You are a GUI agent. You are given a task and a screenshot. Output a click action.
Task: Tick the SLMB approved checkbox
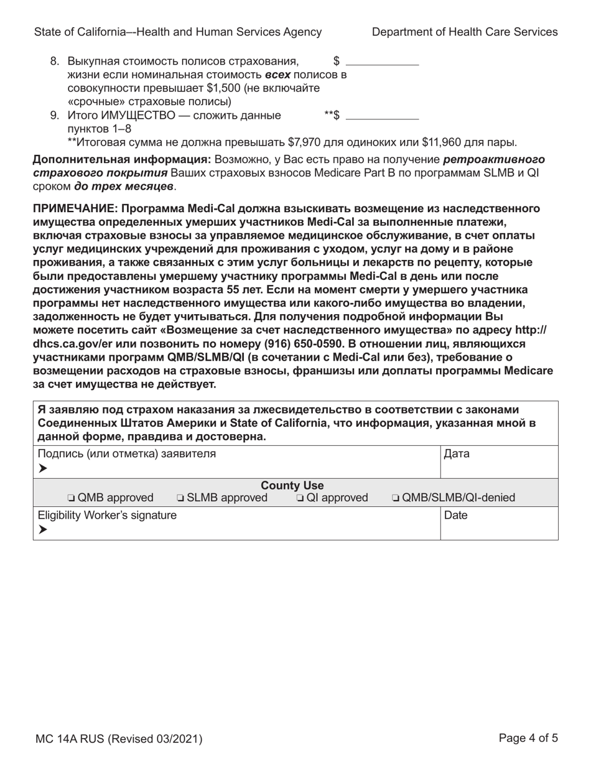[180, 498]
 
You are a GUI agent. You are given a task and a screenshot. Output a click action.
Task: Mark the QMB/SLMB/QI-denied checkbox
[396, 498]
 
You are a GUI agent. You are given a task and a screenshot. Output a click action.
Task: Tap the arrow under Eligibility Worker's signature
[42, 530]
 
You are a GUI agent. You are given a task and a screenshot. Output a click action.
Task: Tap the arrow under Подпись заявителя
[42, 468]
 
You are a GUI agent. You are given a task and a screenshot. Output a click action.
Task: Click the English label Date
[456, 515]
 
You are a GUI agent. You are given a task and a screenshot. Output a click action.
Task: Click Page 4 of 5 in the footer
[528, 738]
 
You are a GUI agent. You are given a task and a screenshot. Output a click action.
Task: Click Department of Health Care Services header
[464, 32]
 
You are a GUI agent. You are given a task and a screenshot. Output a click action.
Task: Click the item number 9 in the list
[54, 115]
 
